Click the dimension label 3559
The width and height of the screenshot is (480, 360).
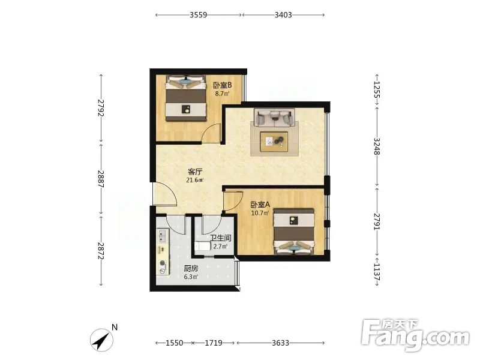pyautogui.click(x=199, y=14)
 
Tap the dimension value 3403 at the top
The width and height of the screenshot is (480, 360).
pyautogui.click(x=283, y=14)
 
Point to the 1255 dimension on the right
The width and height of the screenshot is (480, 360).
pyautogui.click(x=377, y=89)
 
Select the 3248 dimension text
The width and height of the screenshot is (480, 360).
pyautogui.click(x=377, y=146)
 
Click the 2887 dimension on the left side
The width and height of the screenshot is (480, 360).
pyautogui.click(x=101, y=179)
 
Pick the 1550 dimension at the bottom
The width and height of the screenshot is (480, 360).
pyautogui.click(x=174, y=343)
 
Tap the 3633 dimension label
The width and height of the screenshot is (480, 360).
pyautogui.click(x=280, y=343)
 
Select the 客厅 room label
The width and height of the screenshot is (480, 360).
pyautogui.click(x=195, y=172)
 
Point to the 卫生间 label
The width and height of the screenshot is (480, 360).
pyautogui.click(x=221, y=238)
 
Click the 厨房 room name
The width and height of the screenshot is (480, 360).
pyautogui.click(x=191, y=269)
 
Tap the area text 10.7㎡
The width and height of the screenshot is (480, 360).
pyautogui.click(x=260, y=213)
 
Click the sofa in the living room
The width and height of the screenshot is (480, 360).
pyautogui.click(x=274, y=117)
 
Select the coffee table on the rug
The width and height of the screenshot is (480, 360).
pyautogui.click(x=274, y=142)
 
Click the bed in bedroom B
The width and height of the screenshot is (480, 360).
pyautogui.click(x=185, y=98)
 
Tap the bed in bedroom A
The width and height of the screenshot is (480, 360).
pyautogui.click(x=294, y=232)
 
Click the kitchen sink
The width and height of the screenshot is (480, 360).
pyautogui.click(x=162, y=235)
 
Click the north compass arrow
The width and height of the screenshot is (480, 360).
pyautogui.click(x=101, y=340)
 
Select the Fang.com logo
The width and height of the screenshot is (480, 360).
pyautogui.click(x=415, y=335)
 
